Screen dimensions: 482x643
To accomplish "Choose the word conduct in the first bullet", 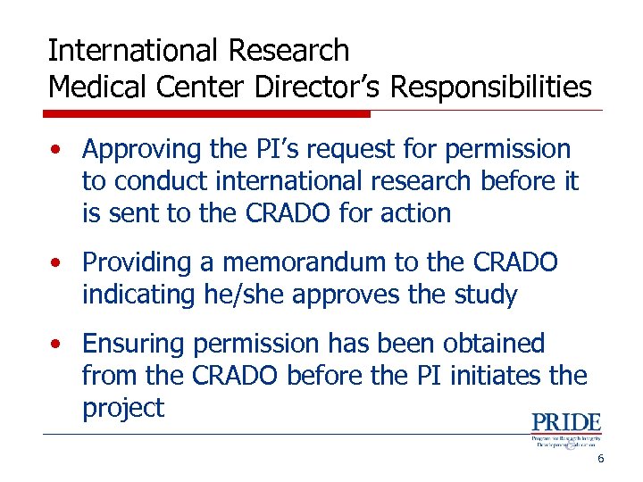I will point(154,181).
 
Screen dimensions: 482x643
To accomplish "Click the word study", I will point(486,295).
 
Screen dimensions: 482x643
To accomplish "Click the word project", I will point(123,409).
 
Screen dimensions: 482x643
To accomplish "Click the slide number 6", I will point(601,459).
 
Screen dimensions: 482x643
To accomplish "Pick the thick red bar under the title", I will point(207,113).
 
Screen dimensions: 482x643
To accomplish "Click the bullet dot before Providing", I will point(56,263).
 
